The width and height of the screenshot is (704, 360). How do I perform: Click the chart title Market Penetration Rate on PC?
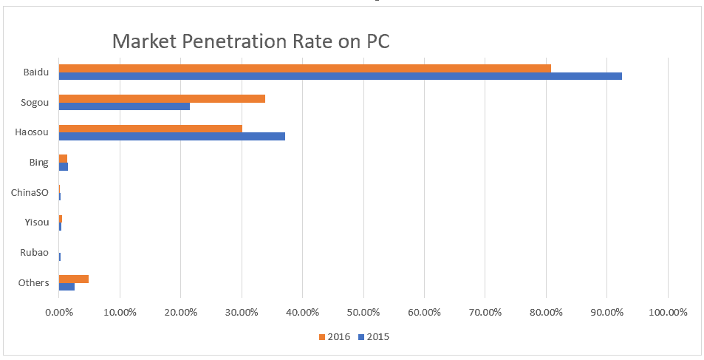250,41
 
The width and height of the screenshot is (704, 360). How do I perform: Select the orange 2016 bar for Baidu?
304,69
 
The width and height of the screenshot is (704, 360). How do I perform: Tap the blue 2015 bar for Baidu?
340,76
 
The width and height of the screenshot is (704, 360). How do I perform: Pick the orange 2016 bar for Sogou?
162,98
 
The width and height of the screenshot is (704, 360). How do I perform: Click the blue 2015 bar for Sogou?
124,106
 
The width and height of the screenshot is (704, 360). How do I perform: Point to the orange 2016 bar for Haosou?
151,129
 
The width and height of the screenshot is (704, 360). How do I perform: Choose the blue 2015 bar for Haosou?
171,137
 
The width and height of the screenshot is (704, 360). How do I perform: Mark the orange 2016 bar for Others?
74,279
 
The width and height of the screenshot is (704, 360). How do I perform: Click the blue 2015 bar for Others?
66,287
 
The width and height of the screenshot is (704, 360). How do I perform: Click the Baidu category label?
36,72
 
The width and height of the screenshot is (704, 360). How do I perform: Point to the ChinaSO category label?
30,192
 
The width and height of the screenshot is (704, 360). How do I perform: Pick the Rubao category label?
35,253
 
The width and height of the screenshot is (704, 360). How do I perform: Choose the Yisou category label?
36,223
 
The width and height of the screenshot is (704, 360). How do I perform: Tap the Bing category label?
39,163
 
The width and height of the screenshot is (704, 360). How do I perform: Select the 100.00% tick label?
667,312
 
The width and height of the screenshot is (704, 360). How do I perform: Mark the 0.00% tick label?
59,312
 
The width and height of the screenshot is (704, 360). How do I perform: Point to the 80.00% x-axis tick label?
546,312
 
